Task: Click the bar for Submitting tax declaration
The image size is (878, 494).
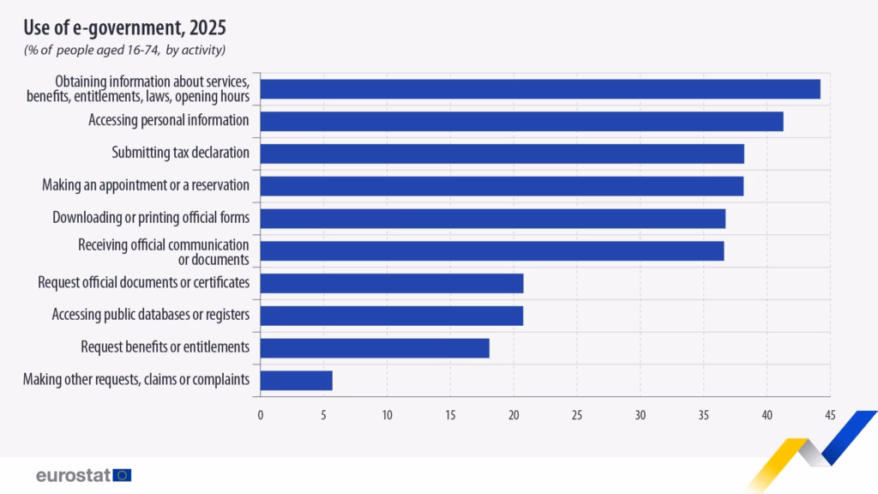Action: pyautogui.click(x=502, y=154)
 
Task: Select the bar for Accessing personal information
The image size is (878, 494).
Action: pyautogui.click(x=521, y=121)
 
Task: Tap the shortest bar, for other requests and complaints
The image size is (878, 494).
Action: pyautogui.click(x=296, y=380)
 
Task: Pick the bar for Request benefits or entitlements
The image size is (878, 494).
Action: pyautogui.click(x=374, y=347)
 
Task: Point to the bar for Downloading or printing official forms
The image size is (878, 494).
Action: pyautogui.click(x=492, y=219)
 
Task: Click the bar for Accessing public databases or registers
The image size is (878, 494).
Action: pyautogui.click(x=391, y=316)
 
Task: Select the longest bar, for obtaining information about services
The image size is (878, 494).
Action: pyautogui.click(x=540, y=89)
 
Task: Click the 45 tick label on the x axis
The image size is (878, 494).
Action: pyautogui.click(x=829, y=415)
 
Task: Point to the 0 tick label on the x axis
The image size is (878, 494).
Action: pyautogui.click(x=261, y=415)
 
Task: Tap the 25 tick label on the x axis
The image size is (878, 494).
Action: pyautogui.click(x=576, y=415)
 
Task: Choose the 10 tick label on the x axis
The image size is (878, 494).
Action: pyautogui.click(x=387, y=415)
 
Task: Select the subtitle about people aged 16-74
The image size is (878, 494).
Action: pyautogui.click(x=124, y=51)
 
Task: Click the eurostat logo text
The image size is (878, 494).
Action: pyautogui.click(x=73, y=474)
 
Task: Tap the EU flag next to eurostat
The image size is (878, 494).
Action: pyautogui.click(x=122, y=474)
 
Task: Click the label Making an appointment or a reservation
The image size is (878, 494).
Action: pyautogui.click(x=146, y=185)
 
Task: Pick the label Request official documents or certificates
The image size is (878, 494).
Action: pyautogui.click(x=144, y=282)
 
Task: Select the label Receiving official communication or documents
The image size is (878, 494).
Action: pyautogui.click(x=164, y=251)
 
